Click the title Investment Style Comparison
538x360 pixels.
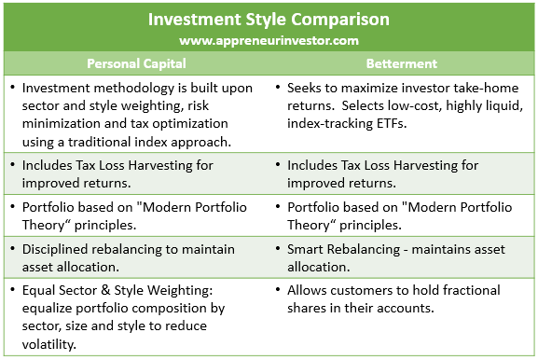[269, 20]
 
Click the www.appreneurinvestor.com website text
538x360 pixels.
[269, 41]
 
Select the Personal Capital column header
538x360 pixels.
[135, 63]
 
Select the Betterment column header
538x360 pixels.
[403, 63]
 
